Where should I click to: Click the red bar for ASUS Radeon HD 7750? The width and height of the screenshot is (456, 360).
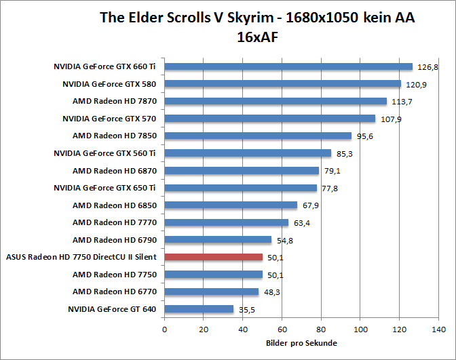pos(214,257)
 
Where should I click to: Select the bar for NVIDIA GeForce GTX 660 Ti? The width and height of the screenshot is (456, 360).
pos(288,66)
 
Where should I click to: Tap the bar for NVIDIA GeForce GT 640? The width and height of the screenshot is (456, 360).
pos(199,309)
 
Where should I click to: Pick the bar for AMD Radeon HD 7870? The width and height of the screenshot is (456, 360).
pos(275,101)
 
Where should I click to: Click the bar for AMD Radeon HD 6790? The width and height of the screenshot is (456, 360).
pos(218,239)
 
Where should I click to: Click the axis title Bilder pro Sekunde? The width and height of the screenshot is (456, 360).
pos(302,343)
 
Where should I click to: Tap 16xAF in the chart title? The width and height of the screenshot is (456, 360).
pos(257,38)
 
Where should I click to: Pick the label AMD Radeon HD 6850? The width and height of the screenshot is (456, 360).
pos(114,205)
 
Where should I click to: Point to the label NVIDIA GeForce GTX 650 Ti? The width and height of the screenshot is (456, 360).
pos(104,188)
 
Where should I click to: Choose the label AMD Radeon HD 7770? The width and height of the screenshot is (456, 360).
pos(114,222)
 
